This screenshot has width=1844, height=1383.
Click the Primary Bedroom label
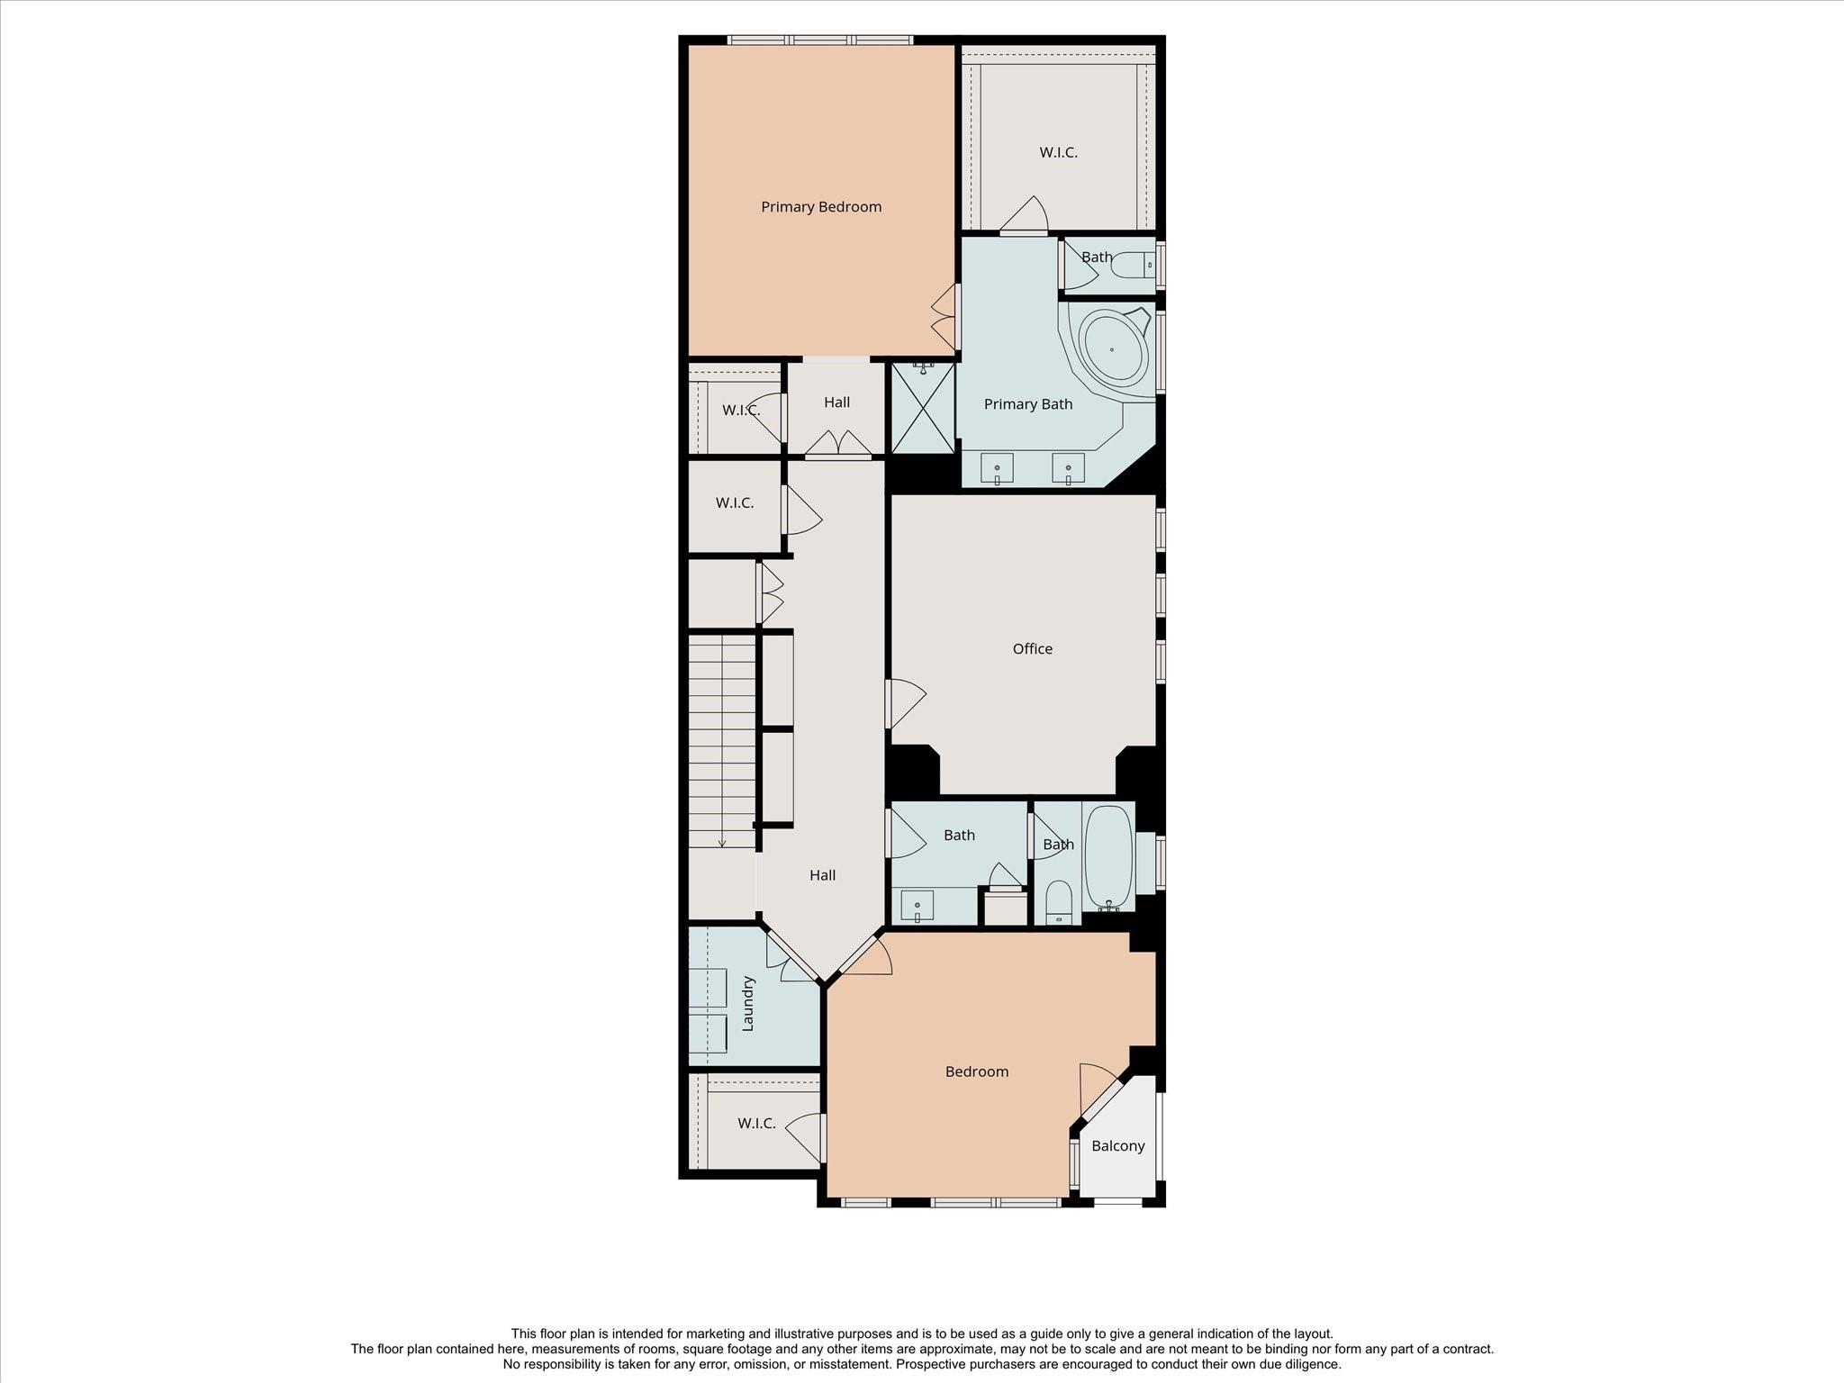[821, 207]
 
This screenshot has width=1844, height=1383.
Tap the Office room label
[1032, 648]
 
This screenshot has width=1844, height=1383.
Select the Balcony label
[1118, 1146]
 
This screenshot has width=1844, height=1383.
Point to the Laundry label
[747, 1004]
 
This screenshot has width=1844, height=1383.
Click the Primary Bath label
[1028, 404]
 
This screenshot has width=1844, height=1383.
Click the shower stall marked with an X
[923, 408]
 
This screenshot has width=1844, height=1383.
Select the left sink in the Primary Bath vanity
[997, 468]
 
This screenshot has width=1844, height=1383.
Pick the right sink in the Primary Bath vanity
[1069, 468]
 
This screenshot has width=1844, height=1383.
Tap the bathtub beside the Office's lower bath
[1108, 857]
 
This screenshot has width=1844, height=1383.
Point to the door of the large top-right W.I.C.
[1025, 215]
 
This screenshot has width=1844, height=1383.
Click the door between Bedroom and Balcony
[1101, 1091]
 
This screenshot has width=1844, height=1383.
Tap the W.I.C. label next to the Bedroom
[756, 1124]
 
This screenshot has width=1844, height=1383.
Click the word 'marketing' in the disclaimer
[713, 1333]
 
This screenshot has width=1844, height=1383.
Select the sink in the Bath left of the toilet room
[917, 906]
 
